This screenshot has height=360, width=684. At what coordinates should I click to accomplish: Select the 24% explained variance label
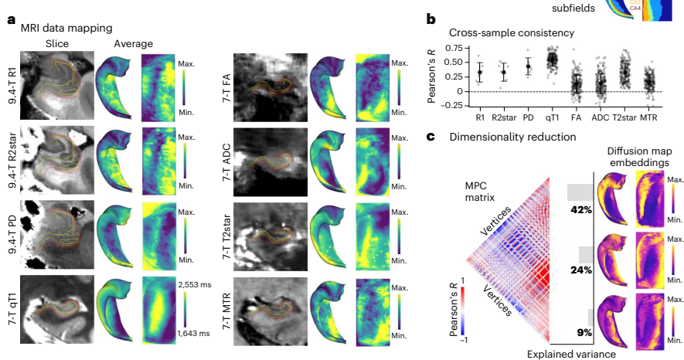[580, 270]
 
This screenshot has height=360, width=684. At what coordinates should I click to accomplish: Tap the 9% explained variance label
[584, 332]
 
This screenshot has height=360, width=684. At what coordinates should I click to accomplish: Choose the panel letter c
[430, 137]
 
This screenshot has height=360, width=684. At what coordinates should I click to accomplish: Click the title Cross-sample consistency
[512, 33]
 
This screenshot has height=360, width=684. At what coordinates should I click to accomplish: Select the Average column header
[132, 43]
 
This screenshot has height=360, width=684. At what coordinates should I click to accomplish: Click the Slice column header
[58, 43]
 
